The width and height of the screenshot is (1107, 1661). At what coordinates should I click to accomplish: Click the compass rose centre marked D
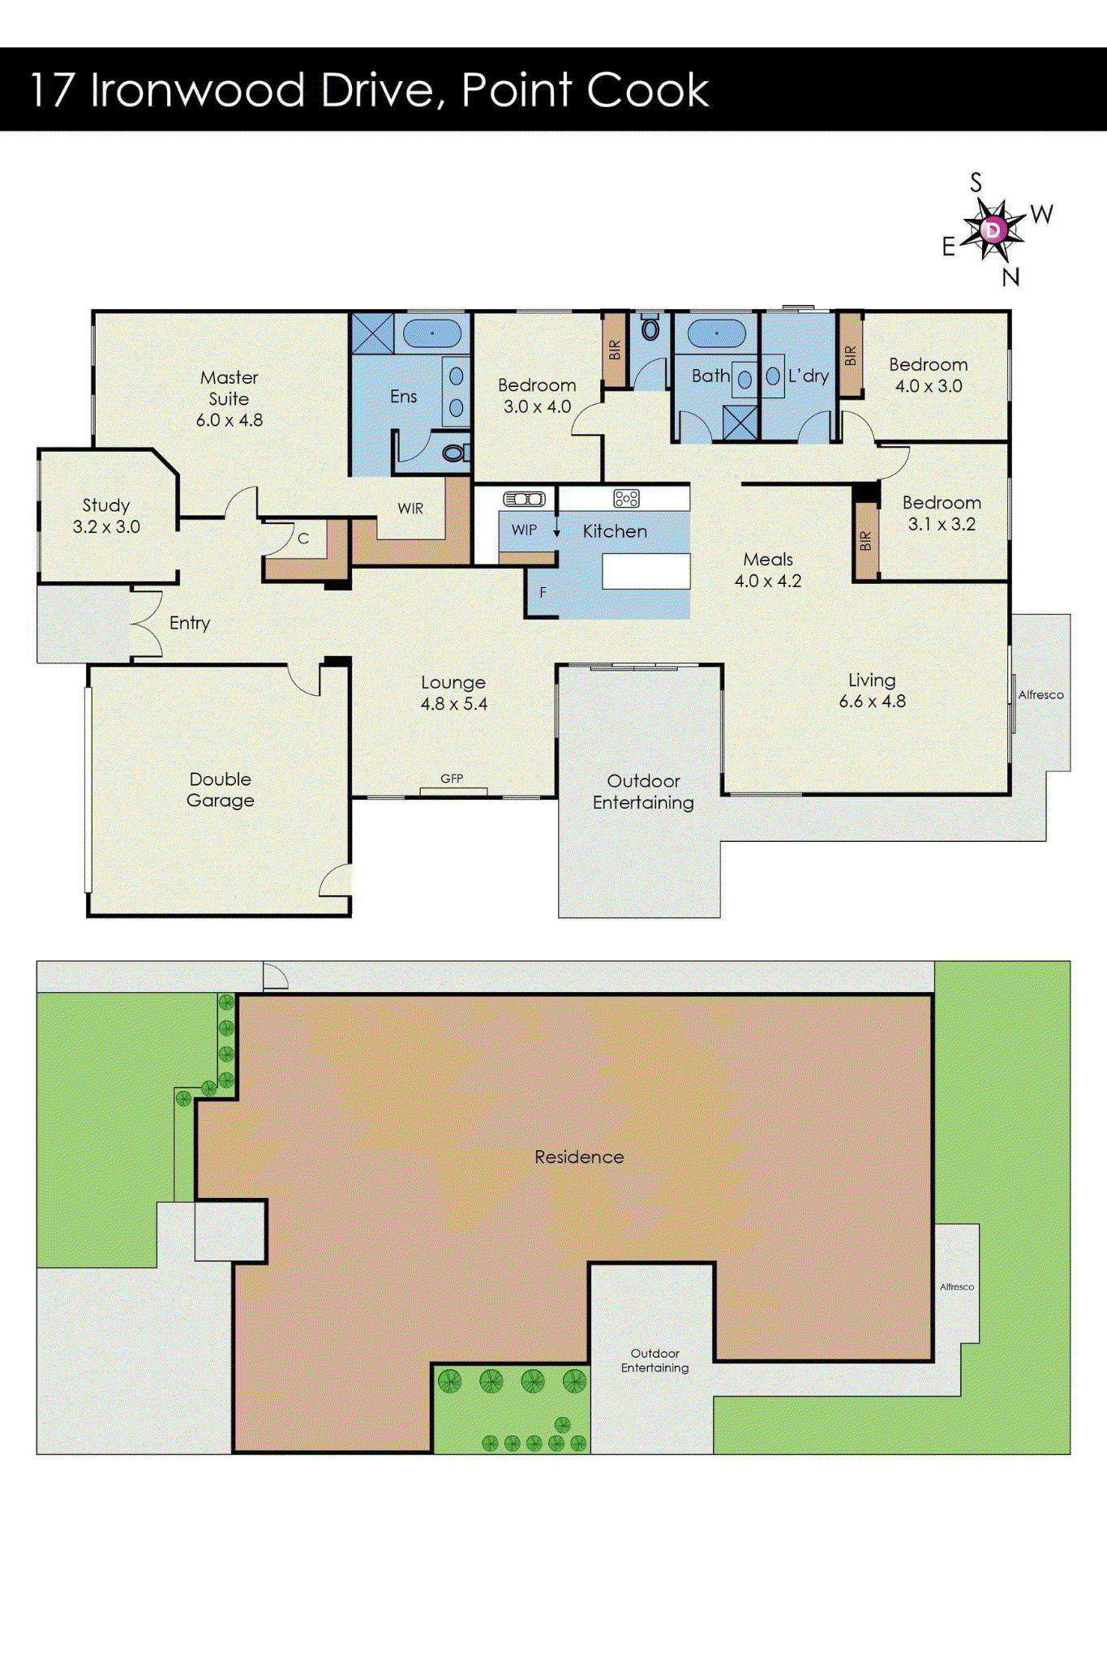993,230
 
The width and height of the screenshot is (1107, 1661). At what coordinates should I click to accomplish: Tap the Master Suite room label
230,388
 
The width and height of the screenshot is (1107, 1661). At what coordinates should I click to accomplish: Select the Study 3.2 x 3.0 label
106,516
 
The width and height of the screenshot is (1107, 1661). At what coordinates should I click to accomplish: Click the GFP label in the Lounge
452,779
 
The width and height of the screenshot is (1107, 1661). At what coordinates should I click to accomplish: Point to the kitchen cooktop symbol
626,498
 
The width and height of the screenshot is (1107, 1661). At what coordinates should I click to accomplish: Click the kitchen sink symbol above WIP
524,499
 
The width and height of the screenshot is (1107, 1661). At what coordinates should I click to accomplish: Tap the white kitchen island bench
646,571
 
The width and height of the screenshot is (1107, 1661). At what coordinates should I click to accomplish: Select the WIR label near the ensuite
410,509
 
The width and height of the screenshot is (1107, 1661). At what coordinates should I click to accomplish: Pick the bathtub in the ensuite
432,333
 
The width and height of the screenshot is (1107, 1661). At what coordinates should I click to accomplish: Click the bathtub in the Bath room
716,333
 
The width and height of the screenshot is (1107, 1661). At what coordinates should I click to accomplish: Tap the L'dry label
809,376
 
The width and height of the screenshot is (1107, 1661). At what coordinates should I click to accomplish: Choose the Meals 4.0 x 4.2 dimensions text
768,581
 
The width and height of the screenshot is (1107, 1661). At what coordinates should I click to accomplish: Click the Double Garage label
221,790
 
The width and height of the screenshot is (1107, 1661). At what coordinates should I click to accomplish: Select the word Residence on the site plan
579,1157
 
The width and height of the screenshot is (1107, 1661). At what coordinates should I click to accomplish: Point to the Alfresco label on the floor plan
1041,695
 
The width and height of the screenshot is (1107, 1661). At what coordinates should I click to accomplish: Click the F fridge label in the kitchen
543,593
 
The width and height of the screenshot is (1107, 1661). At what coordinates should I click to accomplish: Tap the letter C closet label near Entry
303,539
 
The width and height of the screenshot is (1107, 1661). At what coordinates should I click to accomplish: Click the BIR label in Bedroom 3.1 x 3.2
866,541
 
